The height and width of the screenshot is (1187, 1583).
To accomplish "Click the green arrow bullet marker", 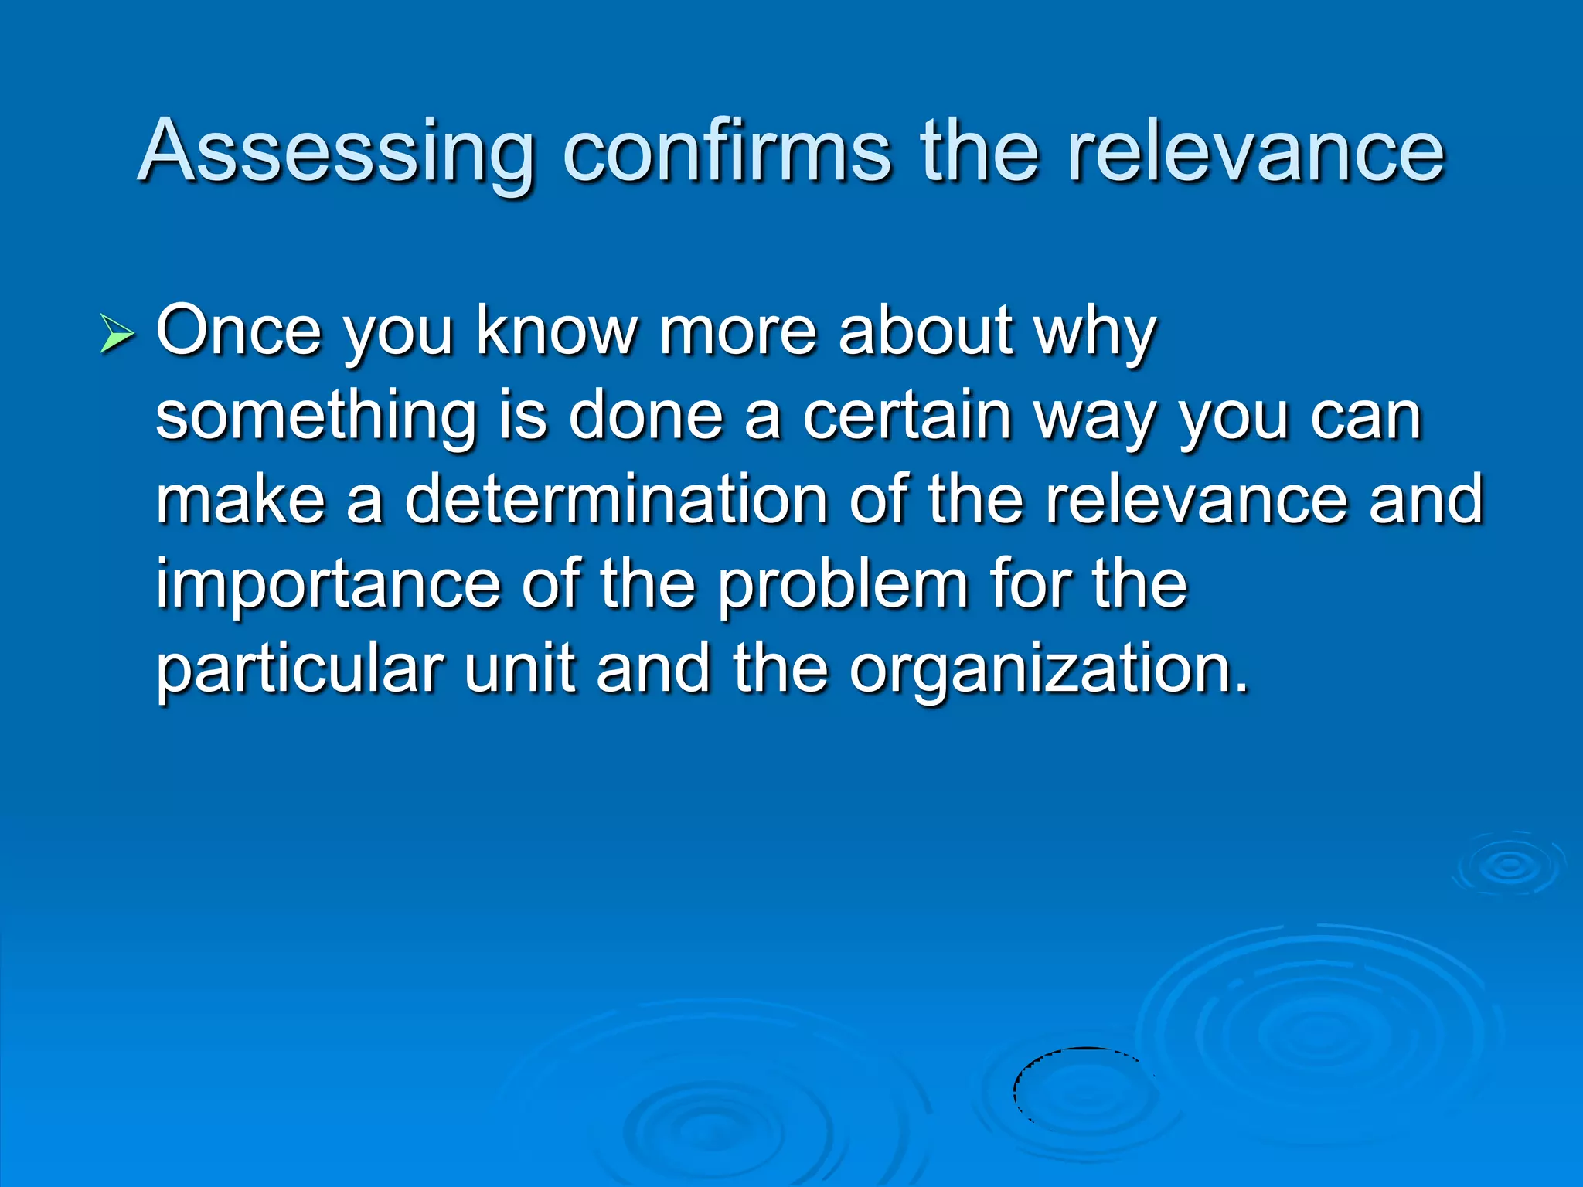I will [117, 336].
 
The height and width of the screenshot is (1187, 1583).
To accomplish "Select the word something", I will [315, 417].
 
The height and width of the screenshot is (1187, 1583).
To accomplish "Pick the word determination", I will [617, 500].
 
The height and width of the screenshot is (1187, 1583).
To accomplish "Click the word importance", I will [328, 586].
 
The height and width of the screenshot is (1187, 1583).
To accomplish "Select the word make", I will [241, 500].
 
